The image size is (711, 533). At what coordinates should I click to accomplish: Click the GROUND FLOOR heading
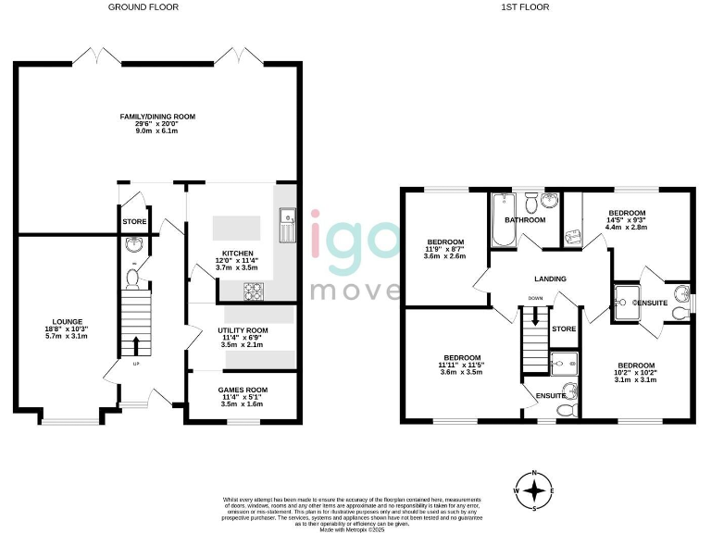coord(143,6)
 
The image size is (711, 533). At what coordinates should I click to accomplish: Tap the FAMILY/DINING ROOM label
coord(158,117)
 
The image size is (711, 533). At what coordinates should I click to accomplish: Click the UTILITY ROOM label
coord(243,330)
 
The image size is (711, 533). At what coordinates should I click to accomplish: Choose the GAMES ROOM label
coord(242,390)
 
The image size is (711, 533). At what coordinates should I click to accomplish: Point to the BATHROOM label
coord(525,220)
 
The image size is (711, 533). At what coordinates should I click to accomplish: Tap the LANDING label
coord(550,279)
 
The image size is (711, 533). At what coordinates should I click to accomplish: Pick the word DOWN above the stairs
coord(536,298)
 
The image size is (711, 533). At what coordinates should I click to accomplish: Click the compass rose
coord(533,490)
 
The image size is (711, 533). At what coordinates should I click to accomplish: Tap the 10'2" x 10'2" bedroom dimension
coord(636,373)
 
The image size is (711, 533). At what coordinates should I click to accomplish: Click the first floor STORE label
coord(564,328)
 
